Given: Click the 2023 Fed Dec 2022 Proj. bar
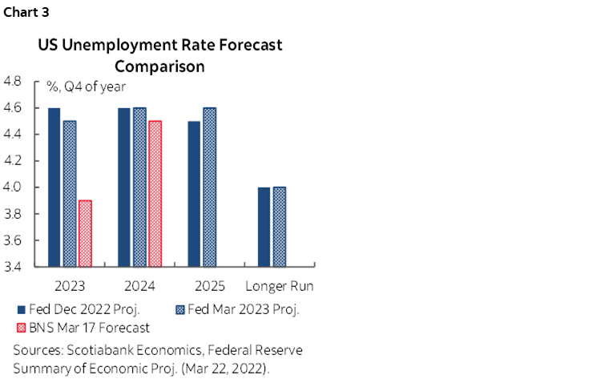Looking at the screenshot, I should tap(54, 186).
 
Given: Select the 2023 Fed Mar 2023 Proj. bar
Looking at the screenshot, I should tap(71, 192).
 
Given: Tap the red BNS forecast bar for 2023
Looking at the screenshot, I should tap(85, 232).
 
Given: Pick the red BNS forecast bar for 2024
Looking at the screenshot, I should tap(155, 192).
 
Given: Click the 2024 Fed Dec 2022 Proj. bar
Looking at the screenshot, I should tap(124, 186).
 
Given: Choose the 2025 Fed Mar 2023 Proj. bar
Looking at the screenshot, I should tap(210, 186).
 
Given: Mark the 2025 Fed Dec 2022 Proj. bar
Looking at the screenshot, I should tap(194, 192).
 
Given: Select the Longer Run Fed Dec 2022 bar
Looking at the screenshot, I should tap(264, 226).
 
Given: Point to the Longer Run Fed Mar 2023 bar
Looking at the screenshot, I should tap(280, 226).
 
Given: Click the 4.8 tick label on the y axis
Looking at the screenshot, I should tap(14, 81).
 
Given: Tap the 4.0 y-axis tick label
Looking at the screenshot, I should tap(14, 187).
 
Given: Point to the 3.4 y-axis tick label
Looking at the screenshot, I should tap(14, 267).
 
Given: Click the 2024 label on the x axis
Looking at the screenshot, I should tap(140, 286).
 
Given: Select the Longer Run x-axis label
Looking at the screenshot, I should tap(280, 286).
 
